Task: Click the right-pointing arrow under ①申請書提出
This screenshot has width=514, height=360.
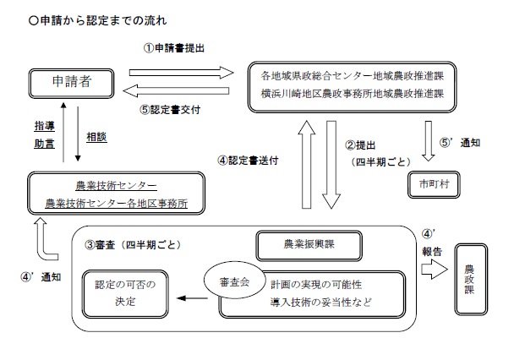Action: click(x=180, y=71)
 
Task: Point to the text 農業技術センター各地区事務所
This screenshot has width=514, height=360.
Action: click(x=116, y=204)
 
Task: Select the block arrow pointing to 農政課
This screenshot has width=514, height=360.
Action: click(x=434, y=269)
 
